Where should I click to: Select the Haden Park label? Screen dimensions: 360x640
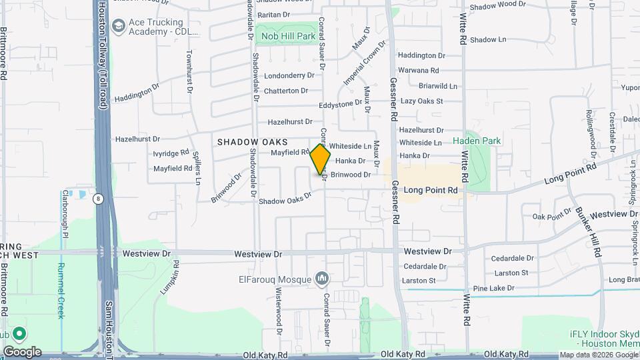[476, 141]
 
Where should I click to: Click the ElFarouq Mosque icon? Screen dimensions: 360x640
[322, 277]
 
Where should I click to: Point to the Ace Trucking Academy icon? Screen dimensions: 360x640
[119, 26]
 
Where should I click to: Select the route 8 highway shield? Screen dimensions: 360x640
[99, 198]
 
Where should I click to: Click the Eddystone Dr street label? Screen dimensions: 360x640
[340, 104]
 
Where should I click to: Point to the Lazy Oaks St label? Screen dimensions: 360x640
[421, 101]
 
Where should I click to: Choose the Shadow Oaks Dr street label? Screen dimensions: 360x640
[285, 199]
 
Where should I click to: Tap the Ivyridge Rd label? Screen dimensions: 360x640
[171, 153]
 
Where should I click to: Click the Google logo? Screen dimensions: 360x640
[22, 352]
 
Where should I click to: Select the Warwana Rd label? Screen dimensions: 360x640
[418, 70]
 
